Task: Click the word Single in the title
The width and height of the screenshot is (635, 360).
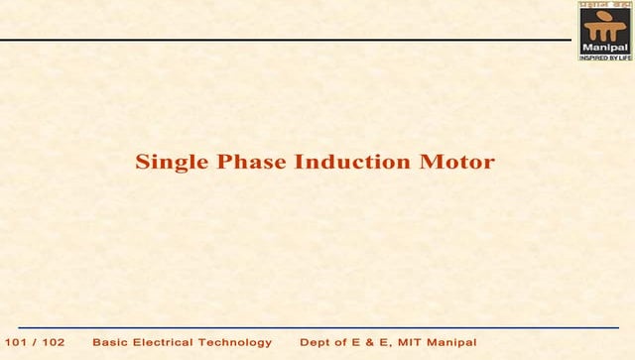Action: (x=167, y=162)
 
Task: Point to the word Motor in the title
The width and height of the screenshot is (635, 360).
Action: (x=458, y=162)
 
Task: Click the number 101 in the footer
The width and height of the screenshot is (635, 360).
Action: (x=19, y=342)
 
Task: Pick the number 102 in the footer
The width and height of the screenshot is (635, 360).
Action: (x=54, y=342)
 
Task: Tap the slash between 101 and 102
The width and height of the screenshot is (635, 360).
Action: (x=37, y=342)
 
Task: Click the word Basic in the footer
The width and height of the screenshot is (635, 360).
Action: (x=109, y=342)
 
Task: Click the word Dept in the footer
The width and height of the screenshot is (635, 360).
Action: (x=316, y=342)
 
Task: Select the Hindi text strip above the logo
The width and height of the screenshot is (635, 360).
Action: (x=604, y=5)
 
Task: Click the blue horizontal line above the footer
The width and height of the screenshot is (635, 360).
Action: (x=317, y=326)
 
